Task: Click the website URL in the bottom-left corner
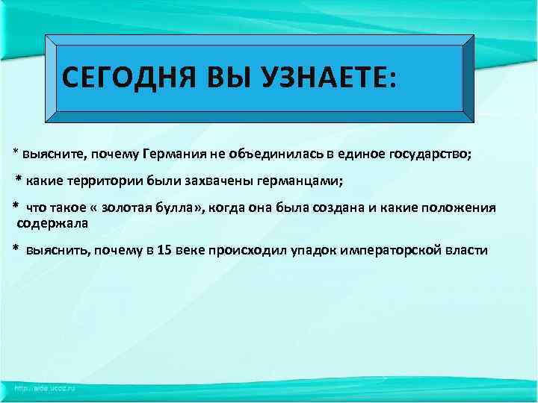pyautogui.click(x=44, y=388)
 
